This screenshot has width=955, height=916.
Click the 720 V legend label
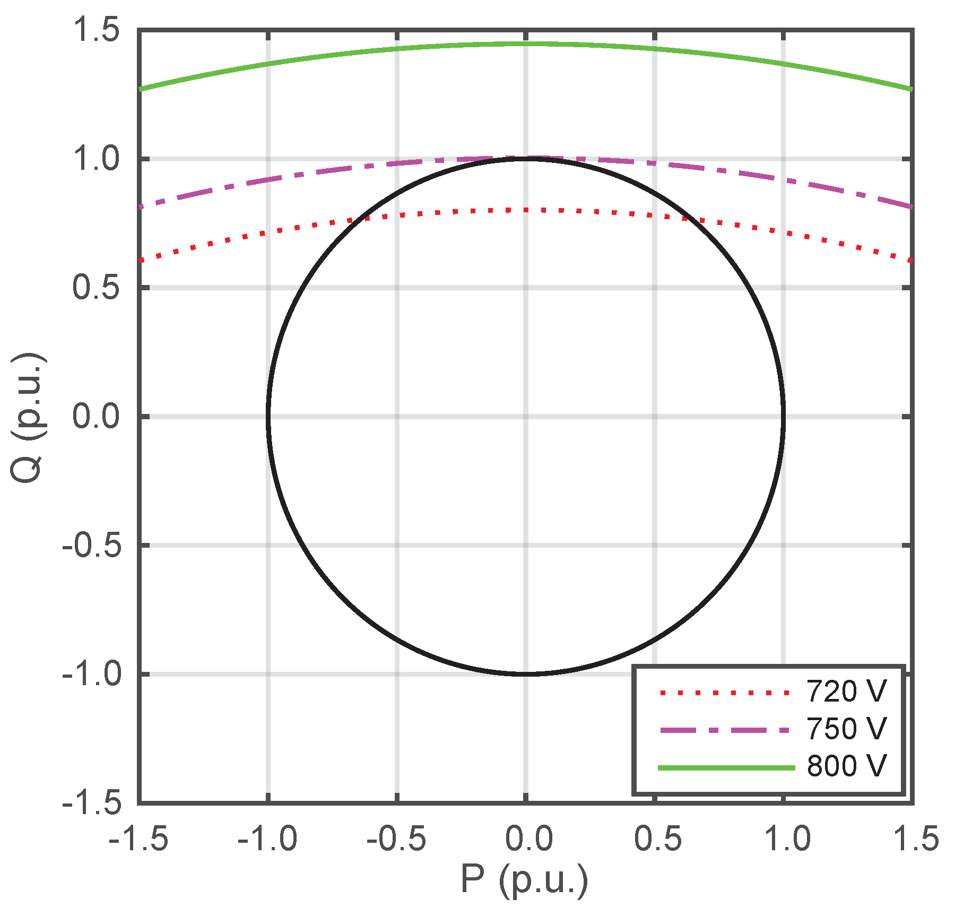point(846,692)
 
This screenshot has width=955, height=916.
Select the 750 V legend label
point(846,729)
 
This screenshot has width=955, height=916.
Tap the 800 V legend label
point(846,766)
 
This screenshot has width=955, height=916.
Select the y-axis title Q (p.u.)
point(28,417)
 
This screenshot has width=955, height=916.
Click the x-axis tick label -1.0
point(267,840)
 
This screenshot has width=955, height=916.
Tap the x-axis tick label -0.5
point(396,840)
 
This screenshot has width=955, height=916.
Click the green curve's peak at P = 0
point(525,44)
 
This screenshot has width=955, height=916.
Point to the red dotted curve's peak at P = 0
point(525,210)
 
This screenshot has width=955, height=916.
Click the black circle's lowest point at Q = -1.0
point(525,674)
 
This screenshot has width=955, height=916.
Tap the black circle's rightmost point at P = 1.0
point(783,417)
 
